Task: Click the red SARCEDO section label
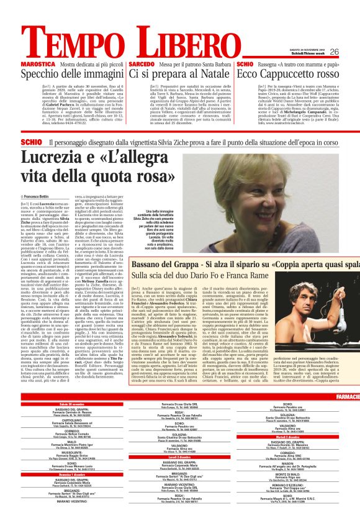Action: pyautogui.click(x=142, y=65)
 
